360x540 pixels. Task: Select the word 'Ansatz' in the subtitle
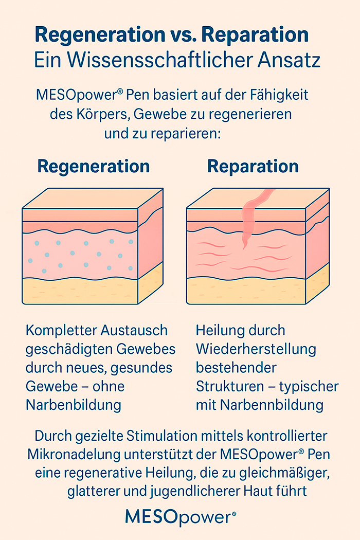coord(289,60)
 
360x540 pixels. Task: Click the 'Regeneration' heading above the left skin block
coord(94,166)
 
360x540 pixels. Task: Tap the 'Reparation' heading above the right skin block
coord(253,166)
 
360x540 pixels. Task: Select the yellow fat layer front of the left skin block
coord(80,292)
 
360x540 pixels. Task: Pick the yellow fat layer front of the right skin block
coord(246,292)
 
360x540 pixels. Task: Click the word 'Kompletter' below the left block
coord(61,331)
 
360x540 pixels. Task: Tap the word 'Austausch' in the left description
coord(134,330)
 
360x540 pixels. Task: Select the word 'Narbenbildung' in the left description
coord(74,405)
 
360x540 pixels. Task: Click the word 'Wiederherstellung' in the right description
coord(256,349)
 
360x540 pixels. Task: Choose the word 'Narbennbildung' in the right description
coord(272,405)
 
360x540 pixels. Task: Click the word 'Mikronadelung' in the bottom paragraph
coord(74,454)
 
